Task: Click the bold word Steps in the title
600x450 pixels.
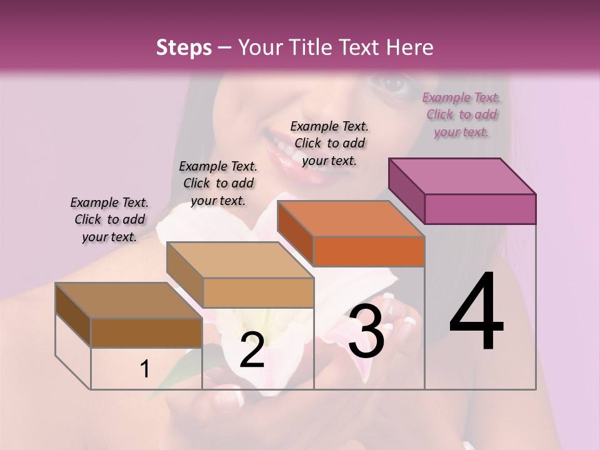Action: click(x=184, y=47)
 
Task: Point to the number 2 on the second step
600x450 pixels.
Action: click(x=252, y=351)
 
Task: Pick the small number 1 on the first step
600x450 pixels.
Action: click(x=145, y=369)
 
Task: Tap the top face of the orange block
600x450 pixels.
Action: click(x=350, y=219)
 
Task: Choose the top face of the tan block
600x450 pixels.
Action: click(x=240, y=259)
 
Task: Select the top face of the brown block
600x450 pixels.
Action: click(x=129, y=301)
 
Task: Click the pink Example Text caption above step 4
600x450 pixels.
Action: click(x=461, y=114)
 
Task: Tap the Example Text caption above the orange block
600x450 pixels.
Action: click(x=329, y=143)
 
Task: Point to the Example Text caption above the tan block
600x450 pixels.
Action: click(x=218, y=183)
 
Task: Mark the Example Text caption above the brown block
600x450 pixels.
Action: click(x=109, y=219)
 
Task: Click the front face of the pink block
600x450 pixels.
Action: click(x=480, y=209)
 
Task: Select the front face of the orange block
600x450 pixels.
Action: click(x=369, y=251)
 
